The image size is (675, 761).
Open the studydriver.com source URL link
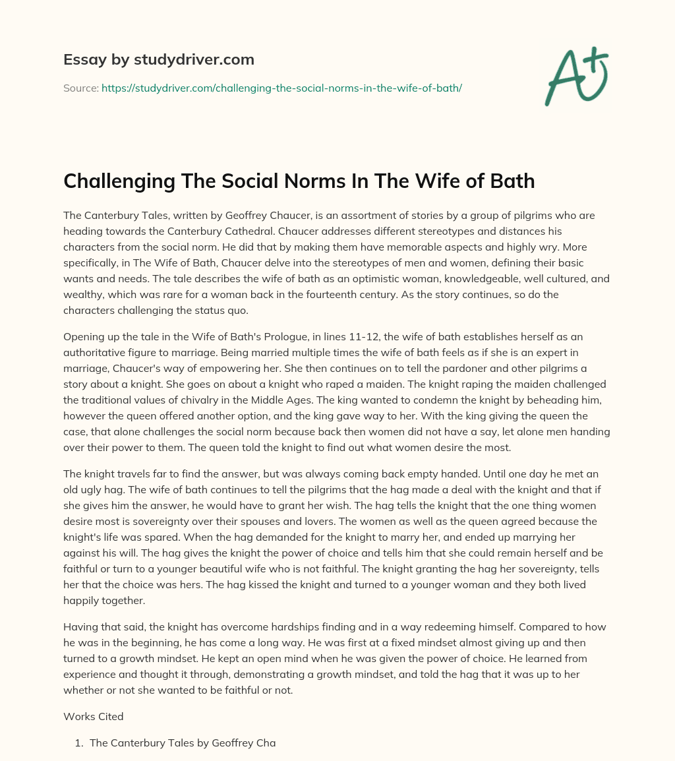281,88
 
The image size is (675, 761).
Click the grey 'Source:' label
80,88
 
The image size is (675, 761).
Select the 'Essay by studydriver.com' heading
159,59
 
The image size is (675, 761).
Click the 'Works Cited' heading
93,715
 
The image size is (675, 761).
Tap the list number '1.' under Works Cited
80,743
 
